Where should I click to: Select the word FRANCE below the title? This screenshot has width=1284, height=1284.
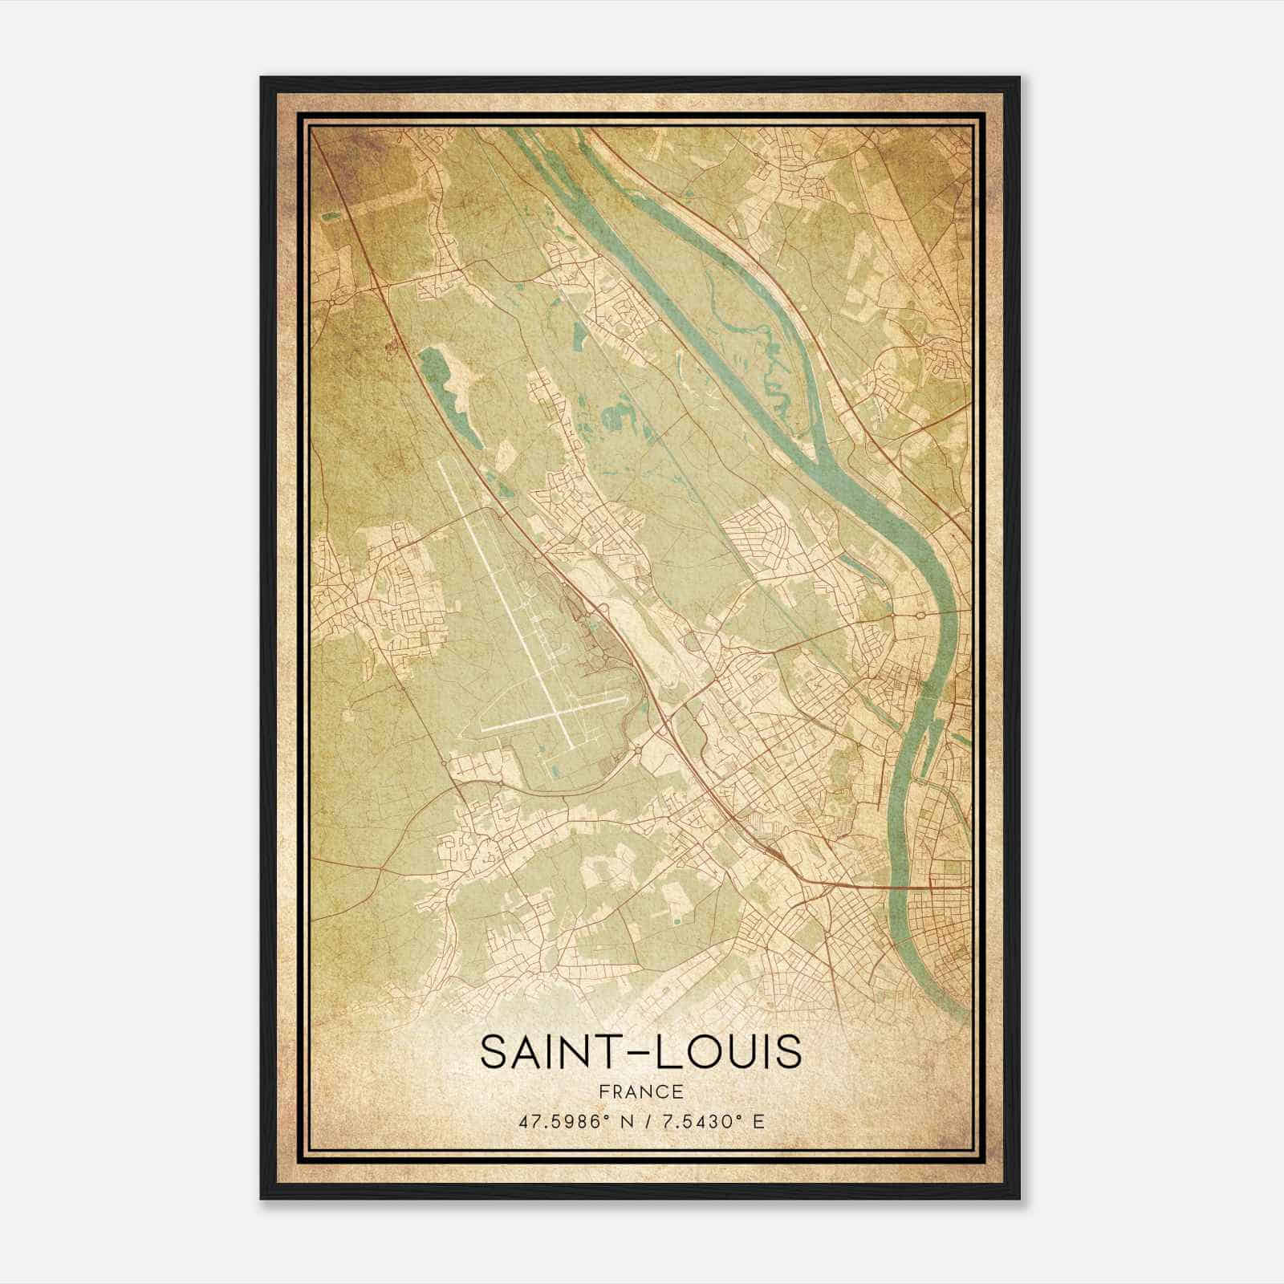click(640, 1091)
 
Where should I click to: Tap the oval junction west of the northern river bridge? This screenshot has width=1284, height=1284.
click(920, 616)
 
